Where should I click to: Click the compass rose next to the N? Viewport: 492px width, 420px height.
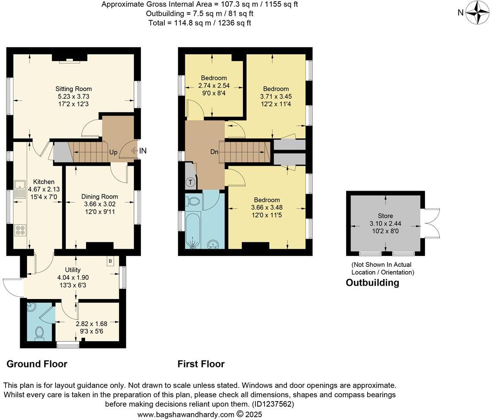476,12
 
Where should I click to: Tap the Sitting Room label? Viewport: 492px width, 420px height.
73,89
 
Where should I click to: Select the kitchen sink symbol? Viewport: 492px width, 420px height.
20,189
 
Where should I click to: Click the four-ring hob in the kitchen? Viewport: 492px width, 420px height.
20,230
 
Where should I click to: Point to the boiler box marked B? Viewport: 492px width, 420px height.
110,261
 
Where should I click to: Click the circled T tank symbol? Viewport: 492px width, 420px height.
190,182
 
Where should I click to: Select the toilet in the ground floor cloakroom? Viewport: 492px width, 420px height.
39,333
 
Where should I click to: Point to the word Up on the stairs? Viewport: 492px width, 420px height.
113,152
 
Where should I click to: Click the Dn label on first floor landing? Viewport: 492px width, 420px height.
214,152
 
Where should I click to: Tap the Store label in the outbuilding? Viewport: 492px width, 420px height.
385,216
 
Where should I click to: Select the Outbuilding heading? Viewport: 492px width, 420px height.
372,283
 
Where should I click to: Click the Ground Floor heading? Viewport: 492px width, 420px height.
37,364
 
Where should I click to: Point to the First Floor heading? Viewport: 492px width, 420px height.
201,364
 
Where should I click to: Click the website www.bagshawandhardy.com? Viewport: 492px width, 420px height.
186,414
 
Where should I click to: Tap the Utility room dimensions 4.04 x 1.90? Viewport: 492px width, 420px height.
73,277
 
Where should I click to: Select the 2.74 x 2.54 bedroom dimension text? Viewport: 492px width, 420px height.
214,85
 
